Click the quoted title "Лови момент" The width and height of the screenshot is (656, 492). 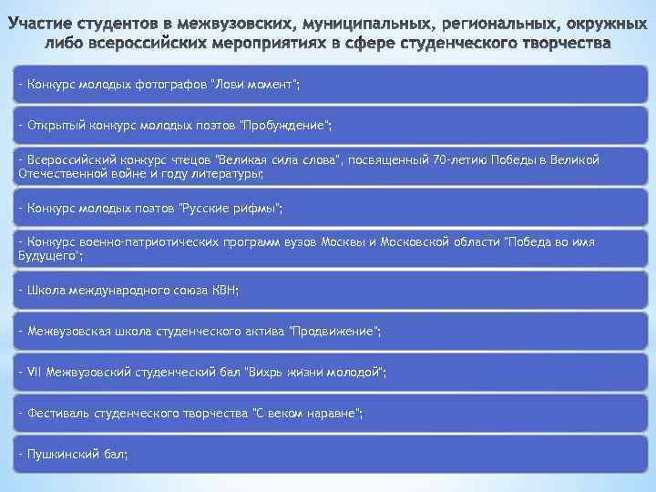255,85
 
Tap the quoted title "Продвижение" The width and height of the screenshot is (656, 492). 333,332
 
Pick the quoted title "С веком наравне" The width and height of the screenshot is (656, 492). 306,414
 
